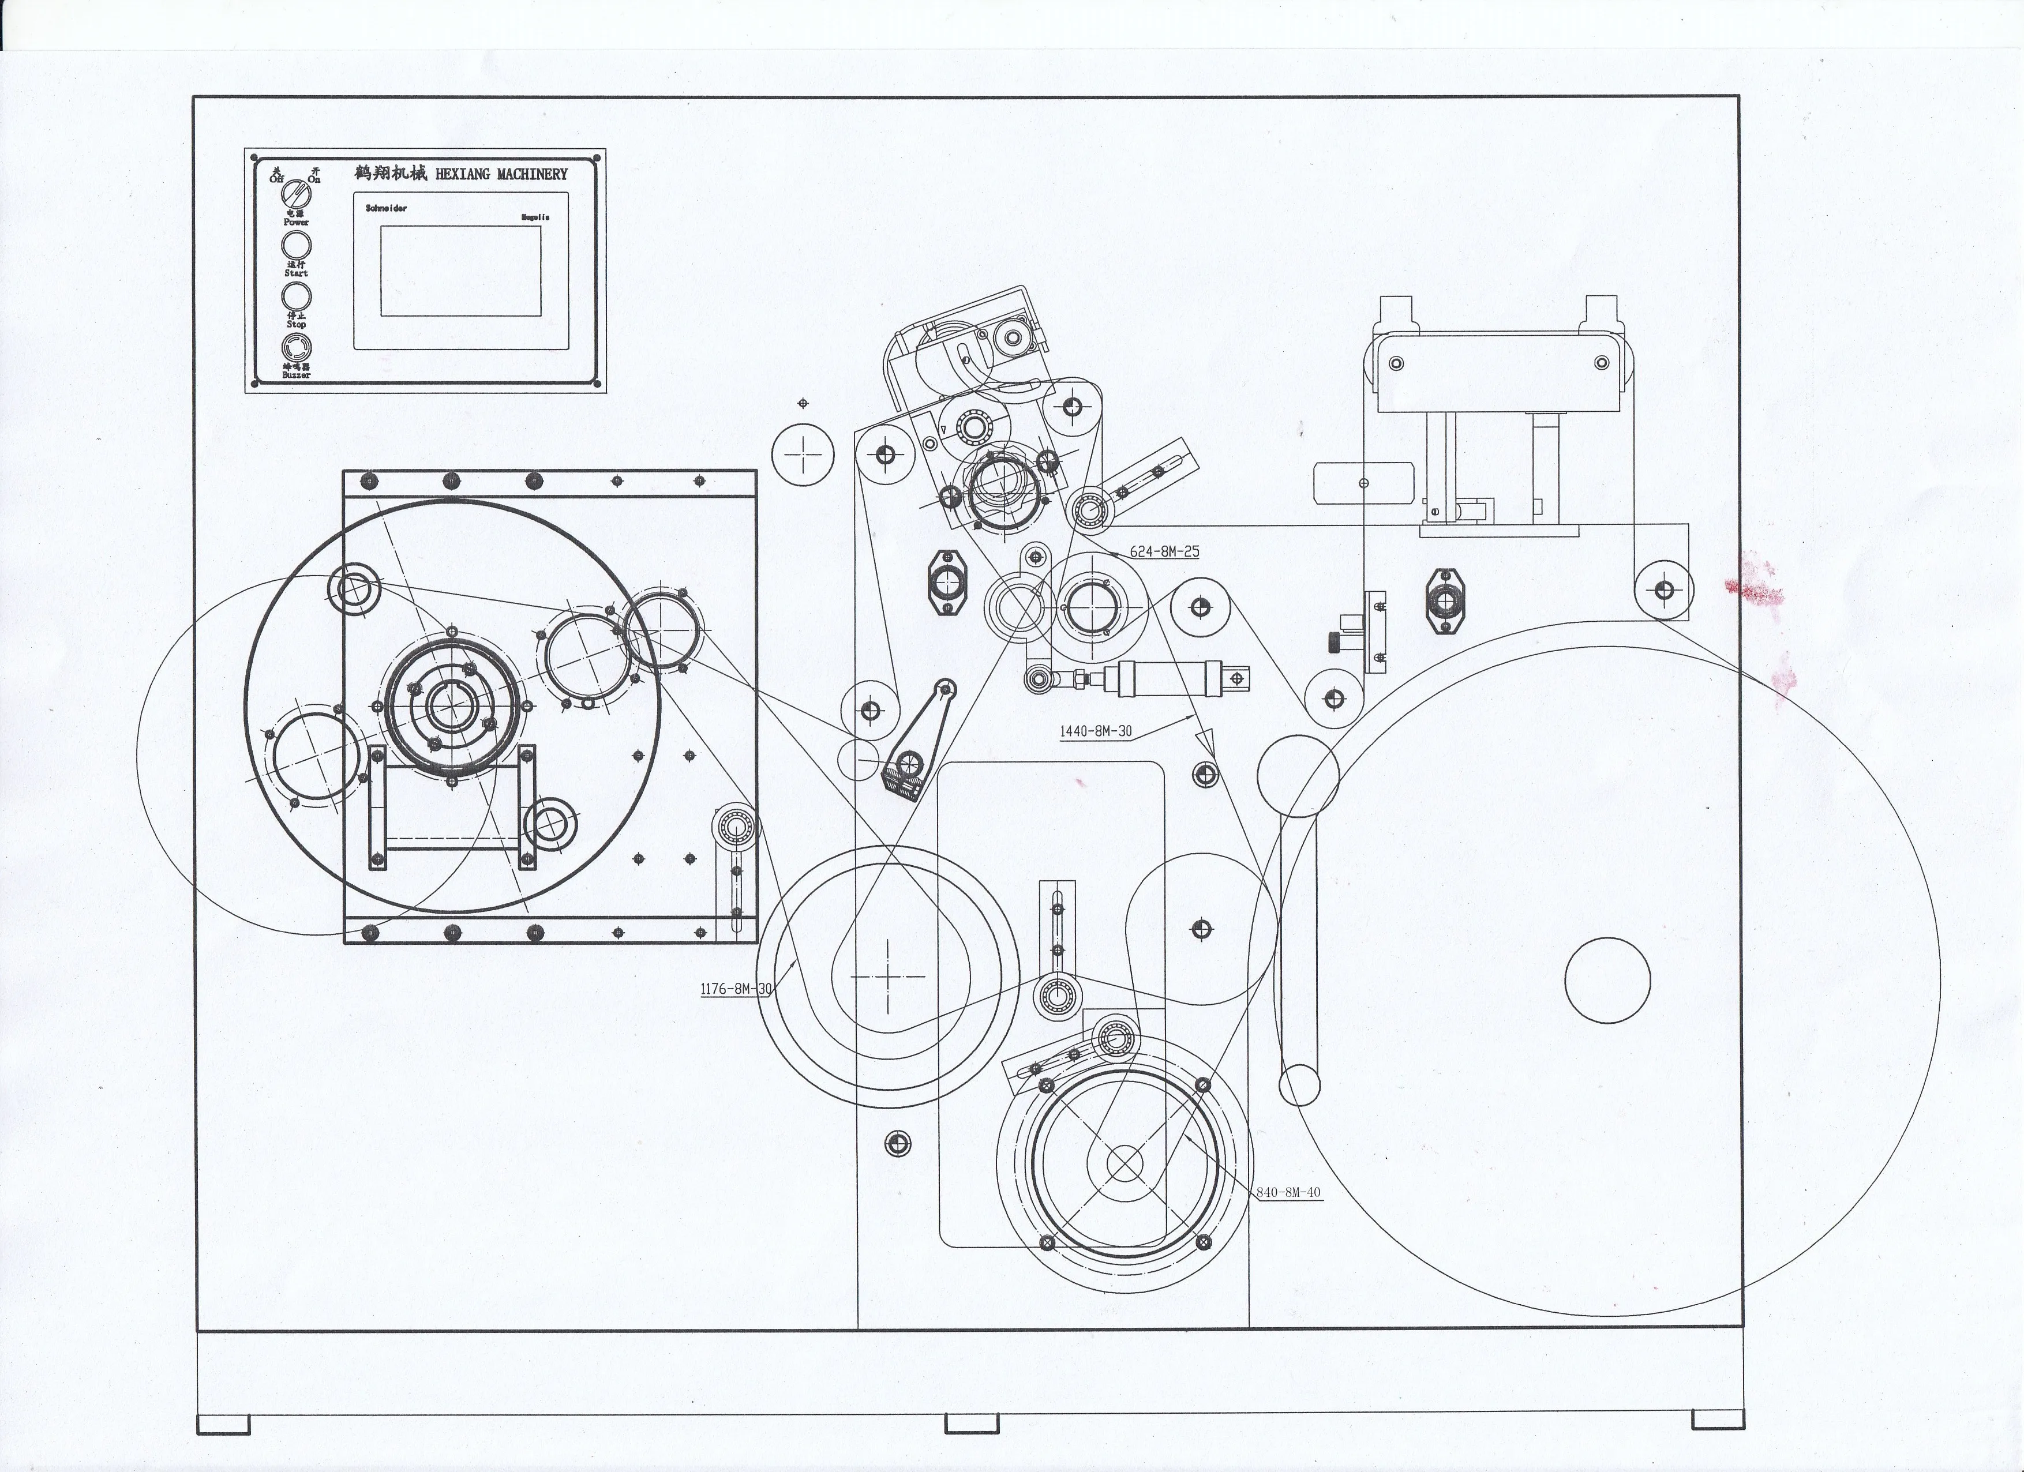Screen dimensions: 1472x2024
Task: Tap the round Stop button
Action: [297, 296]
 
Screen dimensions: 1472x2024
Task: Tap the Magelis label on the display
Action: [535, 217]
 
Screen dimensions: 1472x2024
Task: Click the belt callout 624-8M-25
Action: [1164, 551]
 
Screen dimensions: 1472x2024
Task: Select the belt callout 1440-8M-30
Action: [1095, 731]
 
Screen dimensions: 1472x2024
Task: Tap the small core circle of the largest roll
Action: [1607, 979]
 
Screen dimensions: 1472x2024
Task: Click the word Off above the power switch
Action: [276, 178]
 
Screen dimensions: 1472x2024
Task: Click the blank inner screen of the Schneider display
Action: [460, 271]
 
